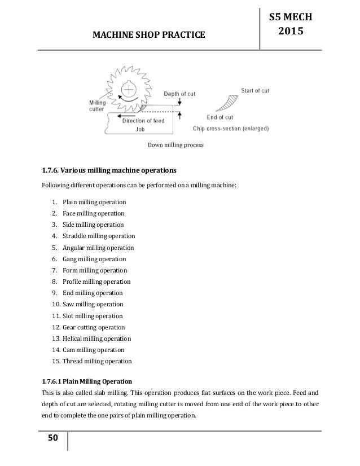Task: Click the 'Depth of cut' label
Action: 179,94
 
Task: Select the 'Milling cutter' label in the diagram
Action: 97,105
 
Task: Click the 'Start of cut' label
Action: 255,90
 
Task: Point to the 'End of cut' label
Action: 220,117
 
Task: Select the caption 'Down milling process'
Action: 175,145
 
